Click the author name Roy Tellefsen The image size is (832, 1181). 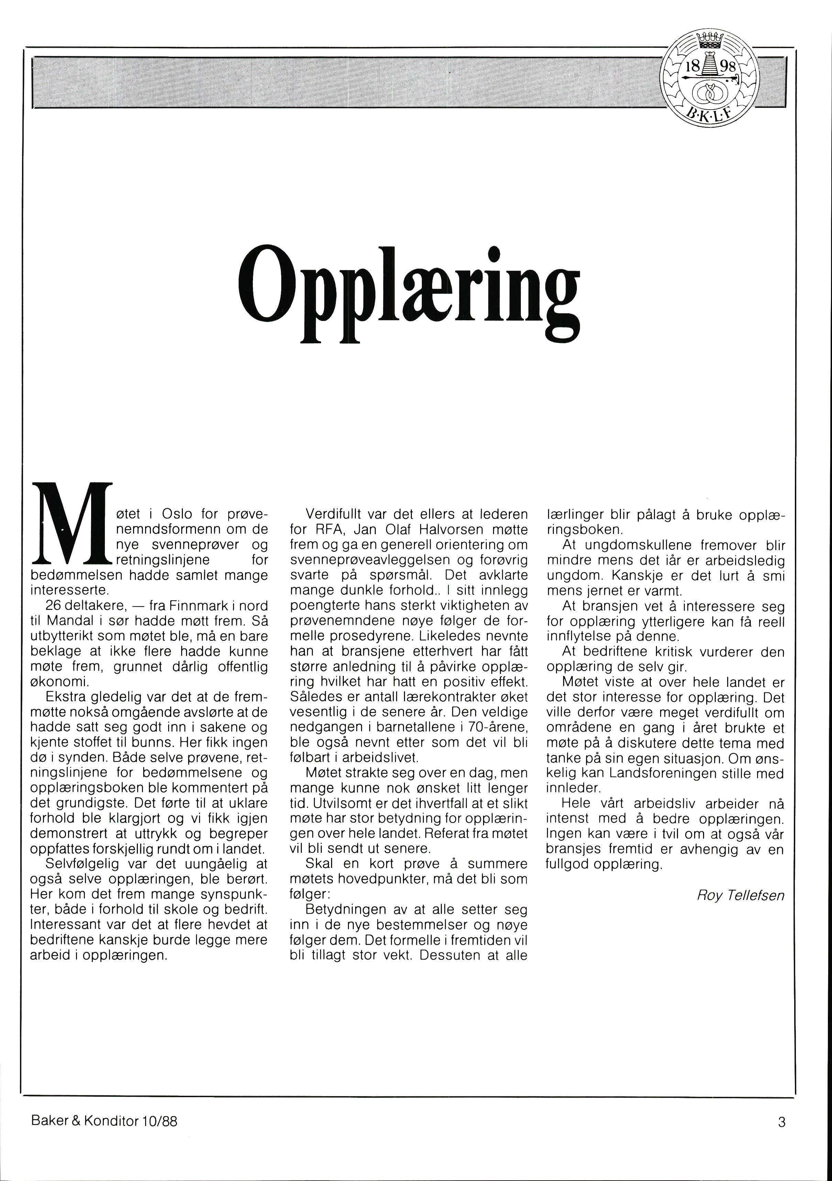pos(741,895)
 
